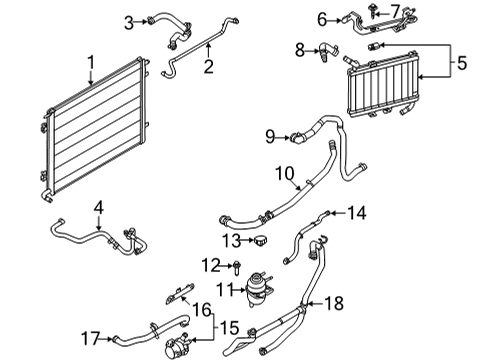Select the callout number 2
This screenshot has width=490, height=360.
tap(208, 67)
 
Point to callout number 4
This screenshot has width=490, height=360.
tap(98, 208)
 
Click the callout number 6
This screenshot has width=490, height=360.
tap(322, 18)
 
